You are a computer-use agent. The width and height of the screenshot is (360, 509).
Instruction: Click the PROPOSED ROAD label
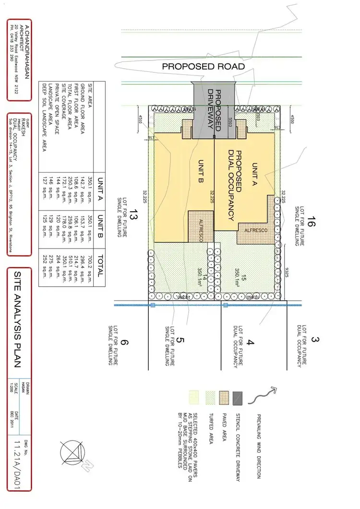203,67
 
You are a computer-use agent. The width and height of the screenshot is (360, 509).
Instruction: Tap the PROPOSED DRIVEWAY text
214,110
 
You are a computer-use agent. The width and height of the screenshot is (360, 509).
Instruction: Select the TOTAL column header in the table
100,264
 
